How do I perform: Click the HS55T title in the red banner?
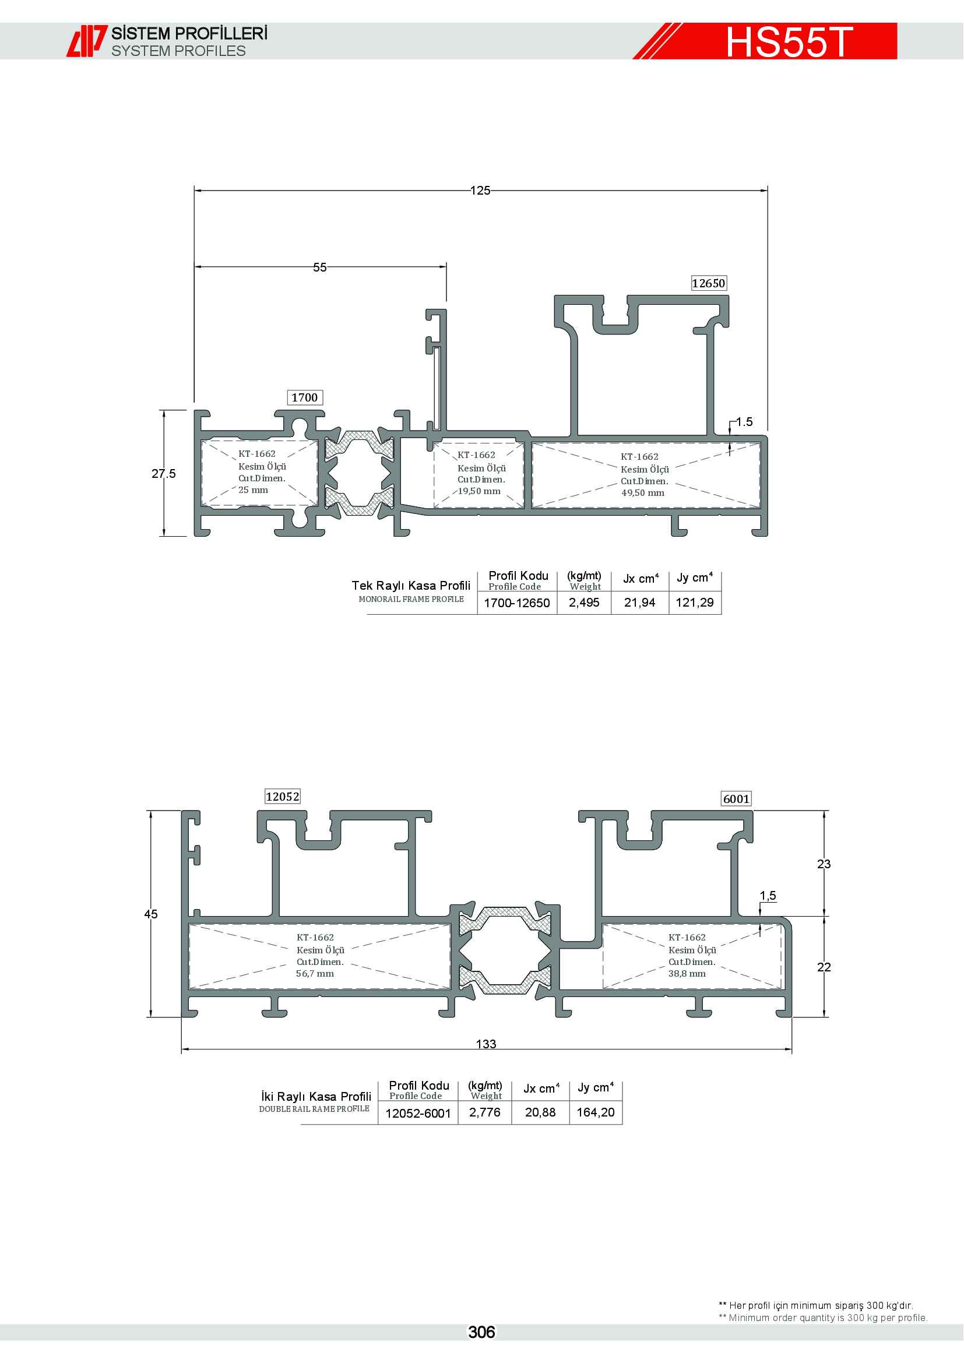point(790,41)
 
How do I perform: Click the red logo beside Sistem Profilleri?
point(87,41)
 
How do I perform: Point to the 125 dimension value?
point(480,191)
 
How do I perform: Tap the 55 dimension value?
point(320,267)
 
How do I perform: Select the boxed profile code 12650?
point(709,283)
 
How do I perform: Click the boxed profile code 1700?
point(304,397)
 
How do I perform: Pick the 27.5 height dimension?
point(163,474)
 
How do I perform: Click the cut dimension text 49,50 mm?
point(643,493)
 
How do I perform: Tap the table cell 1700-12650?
point(517,603)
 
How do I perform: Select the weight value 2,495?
point(584,603)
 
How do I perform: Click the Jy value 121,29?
point(695,603)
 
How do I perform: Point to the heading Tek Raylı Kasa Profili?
point(411,585)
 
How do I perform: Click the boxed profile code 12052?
point(283,797)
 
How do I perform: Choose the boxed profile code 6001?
point(736,799)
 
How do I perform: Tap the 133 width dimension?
point(486,1044)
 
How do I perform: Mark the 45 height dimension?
point(151,914)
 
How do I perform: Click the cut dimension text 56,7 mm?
point(315,974)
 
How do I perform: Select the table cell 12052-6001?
point(418,1113)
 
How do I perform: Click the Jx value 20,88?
point(540,1112)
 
